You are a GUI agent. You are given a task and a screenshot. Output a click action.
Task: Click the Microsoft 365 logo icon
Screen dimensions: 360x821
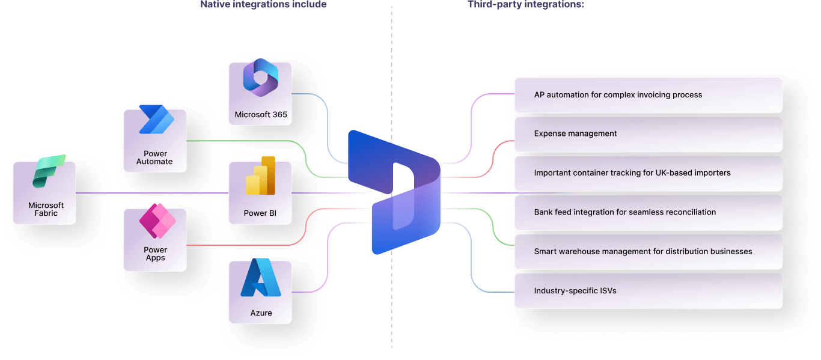click(260, 78)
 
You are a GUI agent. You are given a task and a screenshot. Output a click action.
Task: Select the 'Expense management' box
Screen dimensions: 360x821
click(648, 134)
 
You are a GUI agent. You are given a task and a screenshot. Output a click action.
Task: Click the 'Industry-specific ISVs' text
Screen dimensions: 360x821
click(575, 291)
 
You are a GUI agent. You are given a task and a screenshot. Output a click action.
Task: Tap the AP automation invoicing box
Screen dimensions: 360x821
click(648, 95)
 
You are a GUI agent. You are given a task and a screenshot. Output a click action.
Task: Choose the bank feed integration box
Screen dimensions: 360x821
click(648, 212)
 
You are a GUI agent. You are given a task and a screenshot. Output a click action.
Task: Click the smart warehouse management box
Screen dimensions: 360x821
click(648, 251)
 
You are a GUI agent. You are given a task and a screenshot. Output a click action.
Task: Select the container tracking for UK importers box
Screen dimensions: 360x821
click(648, 173)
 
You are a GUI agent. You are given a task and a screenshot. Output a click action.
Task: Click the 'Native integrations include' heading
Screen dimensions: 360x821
click(263, 4)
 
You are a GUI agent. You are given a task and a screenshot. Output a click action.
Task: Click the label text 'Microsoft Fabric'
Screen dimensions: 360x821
click(46, 209)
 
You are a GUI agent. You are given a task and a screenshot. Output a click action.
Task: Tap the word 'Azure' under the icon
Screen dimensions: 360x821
click(261, 313)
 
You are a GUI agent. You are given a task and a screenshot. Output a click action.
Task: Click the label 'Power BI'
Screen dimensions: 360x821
click(260, 213)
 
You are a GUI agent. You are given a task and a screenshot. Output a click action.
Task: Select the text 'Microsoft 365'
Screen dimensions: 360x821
click(261, 114)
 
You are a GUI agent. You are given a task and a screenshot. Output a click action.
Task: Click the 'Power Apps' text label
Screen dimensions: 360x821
click(155, 254)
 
